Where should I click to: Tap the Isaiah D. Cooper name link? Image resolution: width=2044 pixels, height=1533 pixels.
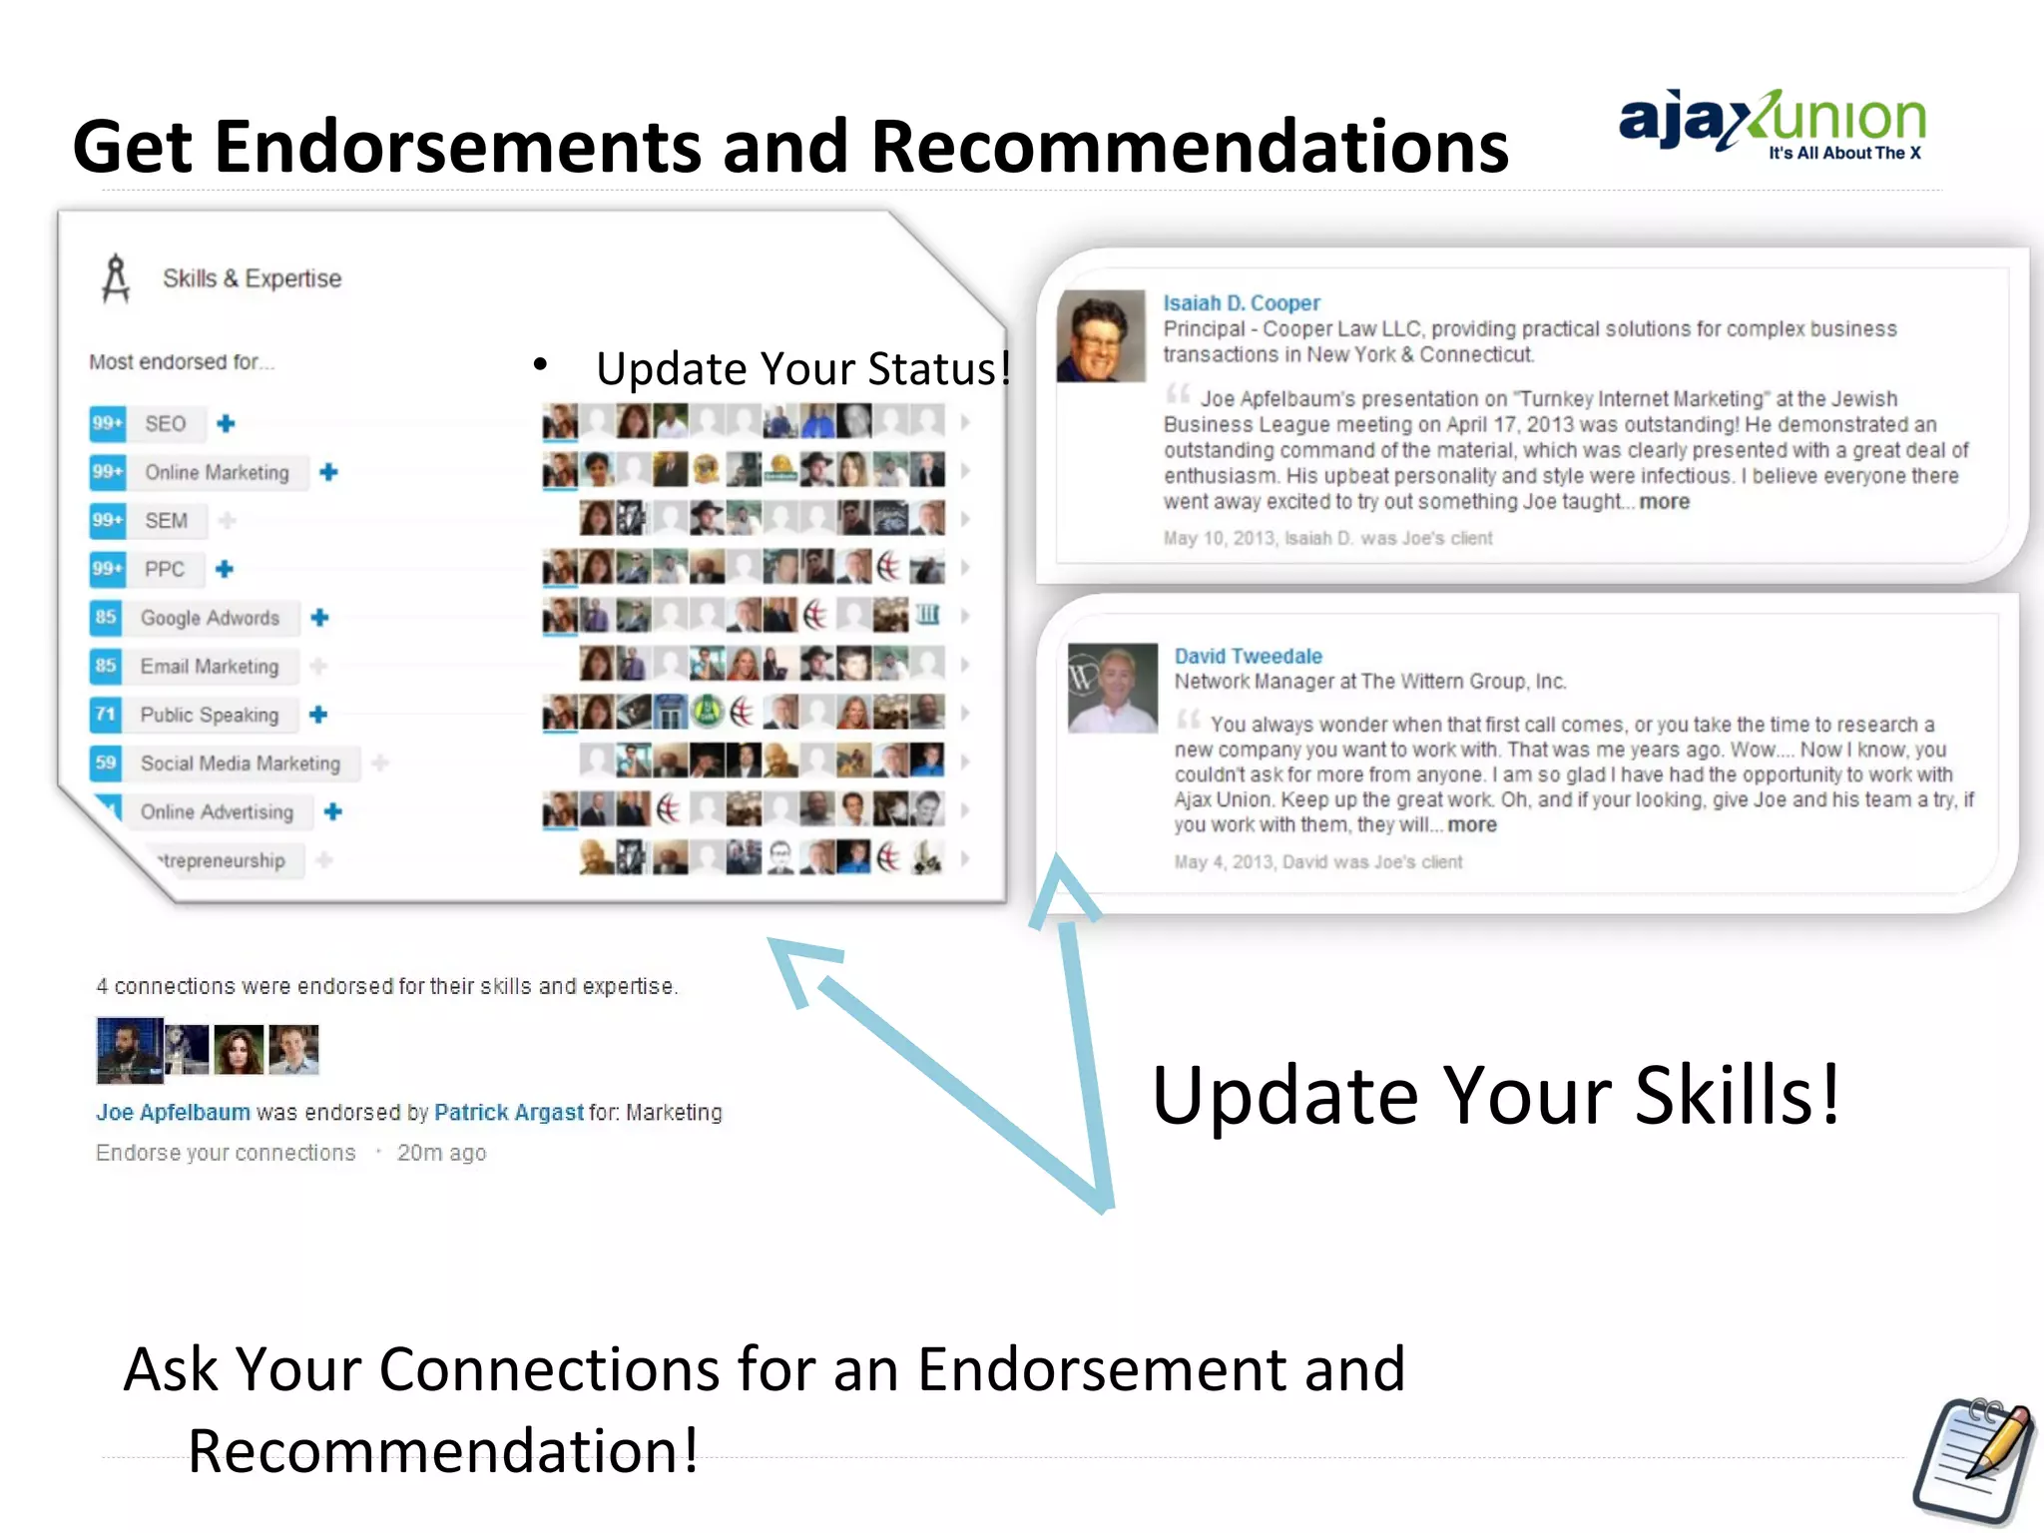(x=1241, y=302)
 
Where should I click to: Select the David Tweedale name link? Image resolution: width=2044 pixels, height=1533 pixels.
(x=1248, y=656)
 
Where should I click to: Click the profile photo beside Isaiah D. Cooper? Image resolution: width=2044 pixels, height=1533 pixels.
(x=1101, y=336)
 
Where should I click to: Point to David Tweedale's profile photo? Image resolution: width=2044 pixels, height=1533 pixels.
(x=1113, y=688)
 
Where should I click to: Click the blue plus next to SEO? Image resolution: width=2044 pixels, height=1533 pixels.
(x=227, y=423)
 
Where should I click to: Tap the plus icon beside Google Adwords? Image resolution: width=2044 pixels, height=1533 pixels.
(x=319, y=618)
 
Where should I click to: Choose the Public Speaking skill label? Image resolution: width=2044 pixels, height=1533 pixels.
(x=210, y=715)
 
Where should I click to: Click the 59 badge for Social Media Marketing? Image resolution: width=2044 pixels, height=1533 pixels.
(x=106, y=764)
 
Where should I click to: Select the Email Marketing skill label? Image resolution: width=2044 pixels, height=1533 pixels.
(x=210, y=667)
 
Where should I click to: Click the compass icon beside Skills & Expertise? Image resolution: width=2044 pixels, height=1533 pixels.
(x=116, y=278)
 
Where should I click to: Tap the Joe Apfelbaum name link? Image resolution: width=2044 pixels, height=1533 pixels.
(x=173, y=1112)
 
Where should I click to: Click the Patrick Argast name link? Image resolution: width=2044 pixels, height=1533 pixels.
(x=508, y=1112)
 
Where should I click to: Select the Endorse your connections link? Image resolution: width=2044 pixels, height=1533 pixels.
(x=226, y=1153)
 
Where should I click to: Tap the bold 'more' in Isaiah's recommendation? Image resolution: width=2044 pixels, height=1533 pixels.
(x=1664, y=502)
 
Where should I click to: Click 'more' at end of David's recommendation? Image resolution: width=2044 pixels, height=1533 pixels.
(x=1472, y=825)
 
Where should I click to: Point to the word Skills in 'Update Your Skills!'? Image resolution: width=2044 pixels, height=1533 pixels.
(x=1736, y=1095)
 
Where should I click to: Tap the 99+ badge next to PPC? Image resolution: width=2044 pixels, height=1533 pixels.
(x=107, y=569)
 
